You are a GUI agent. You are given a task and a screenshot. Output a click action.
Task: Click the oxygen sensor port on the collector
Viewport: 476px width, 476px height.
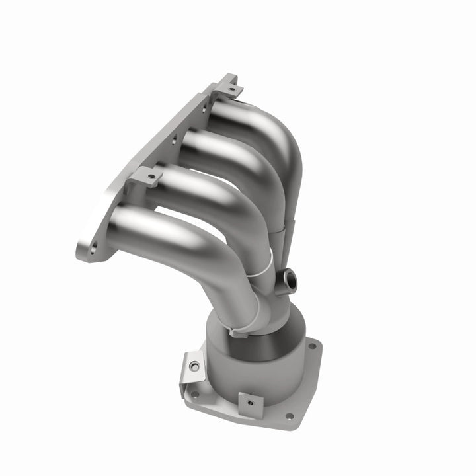(286, 282)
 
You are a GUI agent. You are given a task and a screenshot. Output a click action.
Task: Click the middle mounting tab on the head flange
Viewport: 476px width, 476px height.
(146, 177)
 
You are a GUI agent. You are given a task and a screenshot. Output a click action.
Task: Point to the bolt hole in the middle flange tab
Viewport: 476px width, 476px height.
(151, 177)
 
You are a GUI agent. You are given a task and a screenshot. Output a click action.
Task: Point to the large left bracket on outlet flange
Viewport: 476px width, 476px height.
(192, 370)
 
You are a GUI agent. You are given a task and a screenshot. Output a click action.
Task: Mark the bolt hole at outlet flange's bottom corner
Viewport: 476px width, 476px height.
(288, 416)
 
